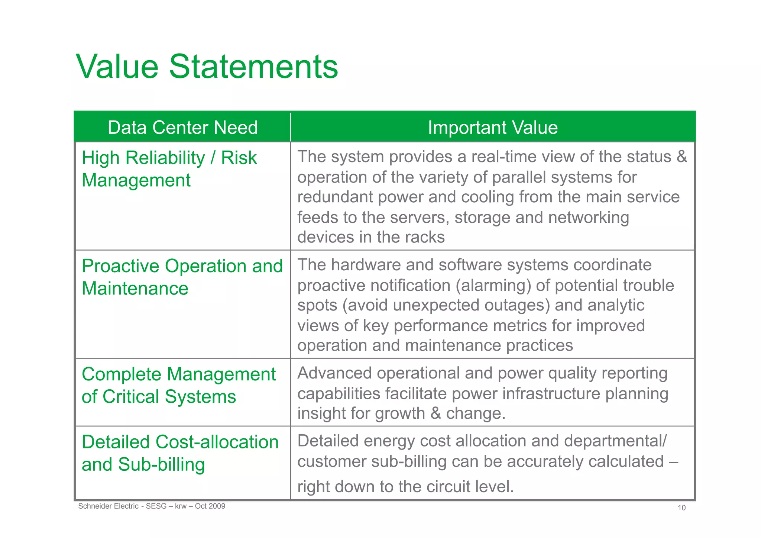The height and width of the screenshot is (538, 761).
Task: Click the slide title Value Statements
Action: [207, 67]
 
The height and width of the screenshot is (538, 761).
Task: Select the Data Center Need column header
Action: [182, 128]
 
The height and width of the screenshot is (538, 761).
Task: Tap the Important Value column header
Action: [492, 128]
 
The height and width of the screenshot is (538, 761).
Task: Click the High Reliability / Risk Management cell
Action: [169, 169]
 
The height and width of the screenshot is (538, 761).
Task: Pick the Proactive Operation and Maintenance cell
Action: [182, 277]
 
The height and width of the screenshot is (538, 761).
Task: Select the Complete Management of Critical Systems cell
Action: [178, 385]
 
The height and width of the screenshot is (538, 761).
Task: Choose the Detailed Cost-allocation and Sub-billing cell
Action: [180, 453]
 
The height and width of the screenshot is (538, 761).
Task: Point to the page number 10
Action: [681, 508]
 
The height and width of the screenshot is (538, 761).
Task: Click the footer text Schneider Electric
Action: [108, 506]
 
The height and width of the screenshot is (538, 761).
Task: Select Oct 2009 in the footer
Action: [210, 506]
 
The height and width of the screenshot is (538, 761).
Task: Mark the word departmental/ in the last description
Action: [615, 441]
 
